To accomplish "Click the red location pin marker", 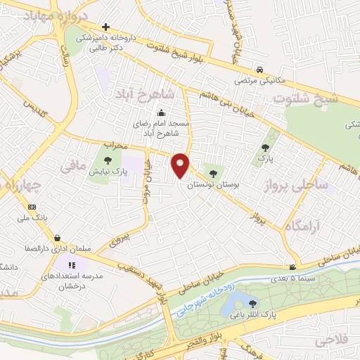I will click(x=181, y=165).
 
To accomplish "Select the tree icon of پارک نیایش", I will click(x=108, y=161).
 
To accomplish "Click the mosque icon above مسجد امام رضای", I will click(x=161, y=112).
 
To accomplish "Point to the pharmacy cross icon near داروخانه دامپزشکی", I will click(x=105, y=27).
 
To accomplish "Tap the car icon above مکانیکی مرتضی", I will click(x=260, y=70).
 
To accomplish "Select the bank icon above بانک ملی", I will click(x=32, y=207).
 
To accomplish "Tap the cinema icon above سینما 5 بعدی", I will click(x=292, y=266).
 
